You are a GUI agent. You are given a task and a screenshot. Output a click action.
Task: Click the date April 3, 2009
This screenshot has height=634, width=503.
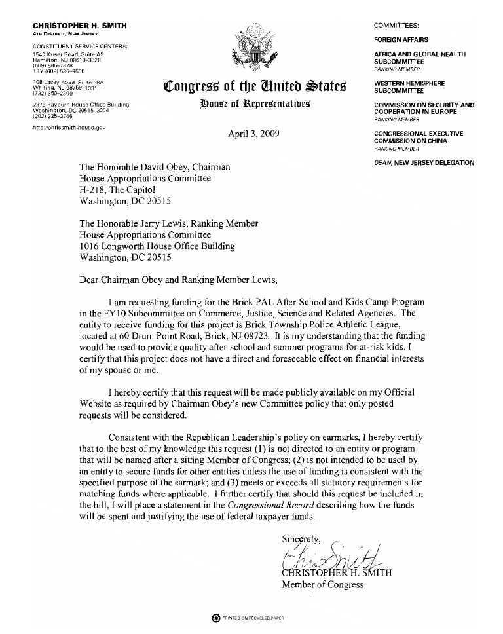tap(251, 135)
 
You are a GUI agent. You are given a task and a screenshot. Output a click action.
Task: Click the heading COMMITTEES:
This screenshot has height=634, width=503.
tap(396, 25)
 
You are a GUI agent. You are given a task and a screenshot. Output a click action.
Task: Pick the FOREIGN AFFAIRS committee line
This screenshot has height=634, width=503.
tap(401, 40)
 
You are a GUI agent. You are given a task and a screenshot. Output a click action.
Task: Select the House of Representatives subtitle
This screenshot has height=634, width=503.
tap(255, 103)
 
